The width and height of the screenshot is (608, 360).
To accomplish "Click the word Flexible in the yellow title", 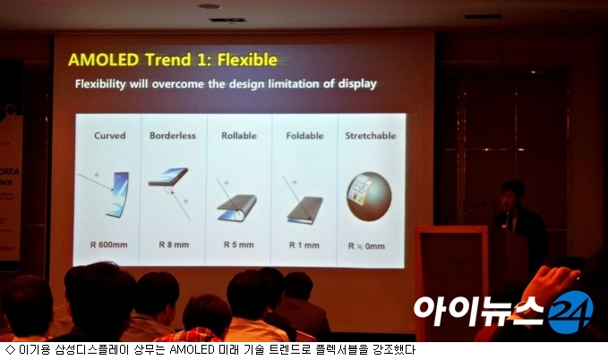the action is [x=247, y=60].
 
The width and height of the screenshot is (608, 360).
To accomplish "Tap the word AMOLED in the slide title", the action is [x=104, y=60].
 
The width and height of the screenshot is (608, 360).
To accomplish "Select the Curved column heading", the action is [x=110, y=135].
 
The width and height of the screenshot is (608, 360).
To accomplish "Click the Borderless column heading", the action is [x=173, y=135].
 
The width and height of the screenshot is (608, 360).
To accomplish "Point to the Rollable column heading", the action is [x=239, y=135].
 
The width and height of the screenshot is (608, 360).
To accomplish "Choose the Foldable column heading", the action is [x=304, y=135].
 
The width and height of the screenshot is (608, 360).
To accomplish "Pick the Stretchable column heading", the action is [x=371, y=135].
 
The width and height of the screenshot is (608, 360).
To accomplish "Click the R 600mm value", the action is [x=108, y=244].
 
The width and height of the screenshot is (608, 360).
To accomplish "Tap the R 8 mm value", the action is [x=174, y=244].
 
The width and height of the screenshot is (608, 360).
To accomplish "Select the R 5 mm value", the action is [x=239, y=244].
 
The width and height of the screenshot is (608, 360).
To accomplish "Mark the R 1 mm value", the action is [x=304, y=245].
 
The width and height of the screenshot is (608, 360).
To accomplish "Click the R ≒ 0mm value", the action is [x=366, y=246].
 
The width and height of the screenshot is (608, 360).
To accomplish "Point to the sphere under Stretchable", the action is [x=369, y=196].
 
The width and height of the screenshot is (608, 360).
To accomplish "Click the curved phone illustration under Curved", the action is [x=117, y=194].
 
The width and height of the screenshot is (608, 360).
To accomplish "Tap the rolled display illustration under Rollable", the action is [x=237, y=208].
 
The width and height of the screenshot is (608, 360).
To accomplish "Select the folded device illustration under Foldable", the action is [x=305, y=210].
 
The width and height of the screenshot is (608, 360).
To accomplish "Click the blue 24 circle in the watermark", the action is [x=570, y=313].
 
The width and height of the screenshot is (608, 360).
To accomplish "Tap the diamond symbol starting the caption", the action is [x=11, y=350].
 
